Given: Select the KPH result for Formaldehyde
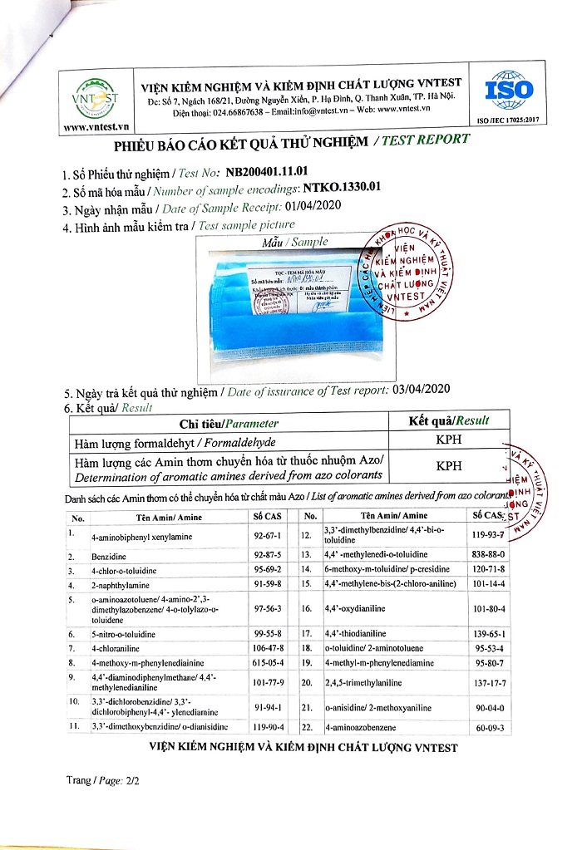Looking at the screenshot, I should click(449, 440).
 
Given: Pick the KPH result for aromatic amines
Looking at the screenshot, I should click(449, 468).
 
